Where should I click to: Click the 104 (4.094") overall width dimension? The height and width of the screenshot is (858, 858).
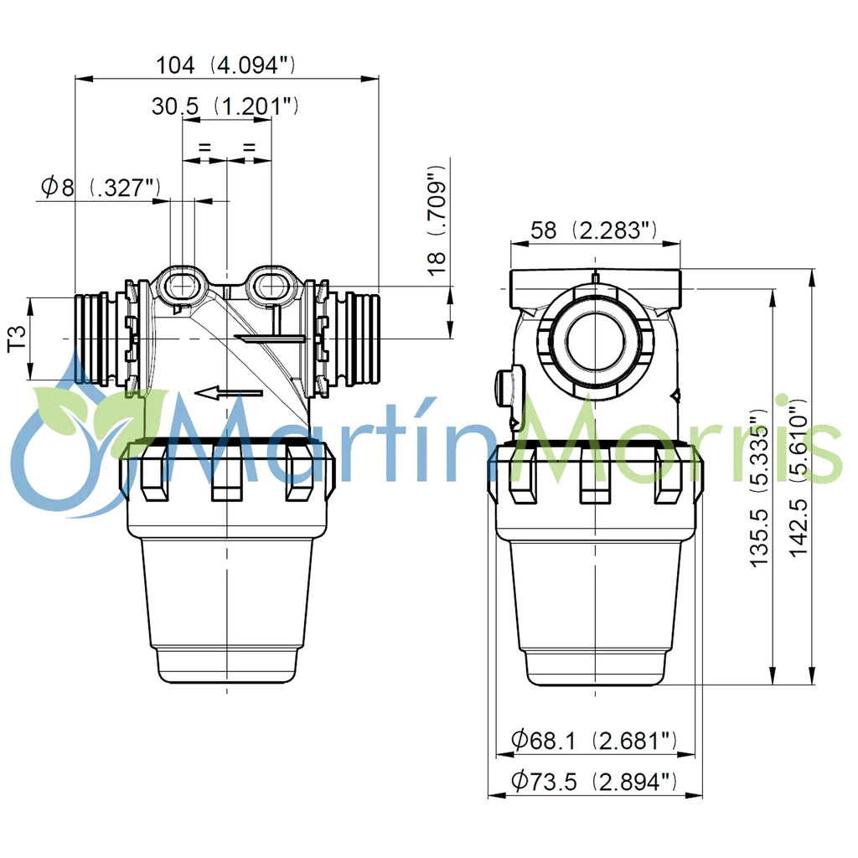tap(225, 65)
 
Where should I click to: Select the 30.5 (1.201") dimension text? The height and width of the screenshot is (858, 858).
tap(225, 106)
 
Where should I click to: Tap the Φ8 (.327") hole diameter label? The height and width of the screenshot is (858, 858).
tap(100, 187)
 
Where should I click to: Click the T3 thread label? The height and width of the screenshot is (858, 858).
tap(18, 339)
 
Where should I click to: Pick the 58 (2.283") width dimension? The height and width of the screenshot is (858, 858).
tap(593, 230)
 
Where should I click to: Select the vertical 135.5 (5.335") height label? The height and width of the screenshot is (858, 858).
tap(758, 490)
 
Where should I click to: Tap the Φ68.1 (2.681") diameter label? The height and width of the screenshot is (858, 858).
tap(593, 740)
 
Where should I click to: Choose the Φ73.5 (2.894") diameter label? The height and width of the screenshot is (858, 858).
tap(593, 782)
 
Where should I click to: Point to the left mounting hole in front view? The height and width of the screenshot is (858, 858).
tap(183, 285)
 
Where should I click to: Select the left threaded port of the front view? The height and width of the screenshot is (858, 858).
tap(94, 339)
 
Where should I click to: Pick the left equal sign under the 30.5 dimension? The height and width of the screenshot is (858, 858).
tap(204, 147)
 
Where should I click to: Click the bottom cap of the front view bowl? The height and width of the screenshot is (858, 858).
tap(226, 665)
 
